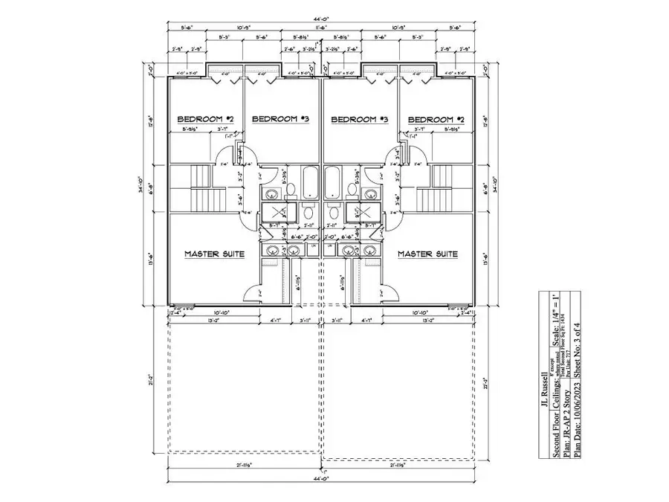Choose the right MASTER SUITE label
click(x=427, y=254)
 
